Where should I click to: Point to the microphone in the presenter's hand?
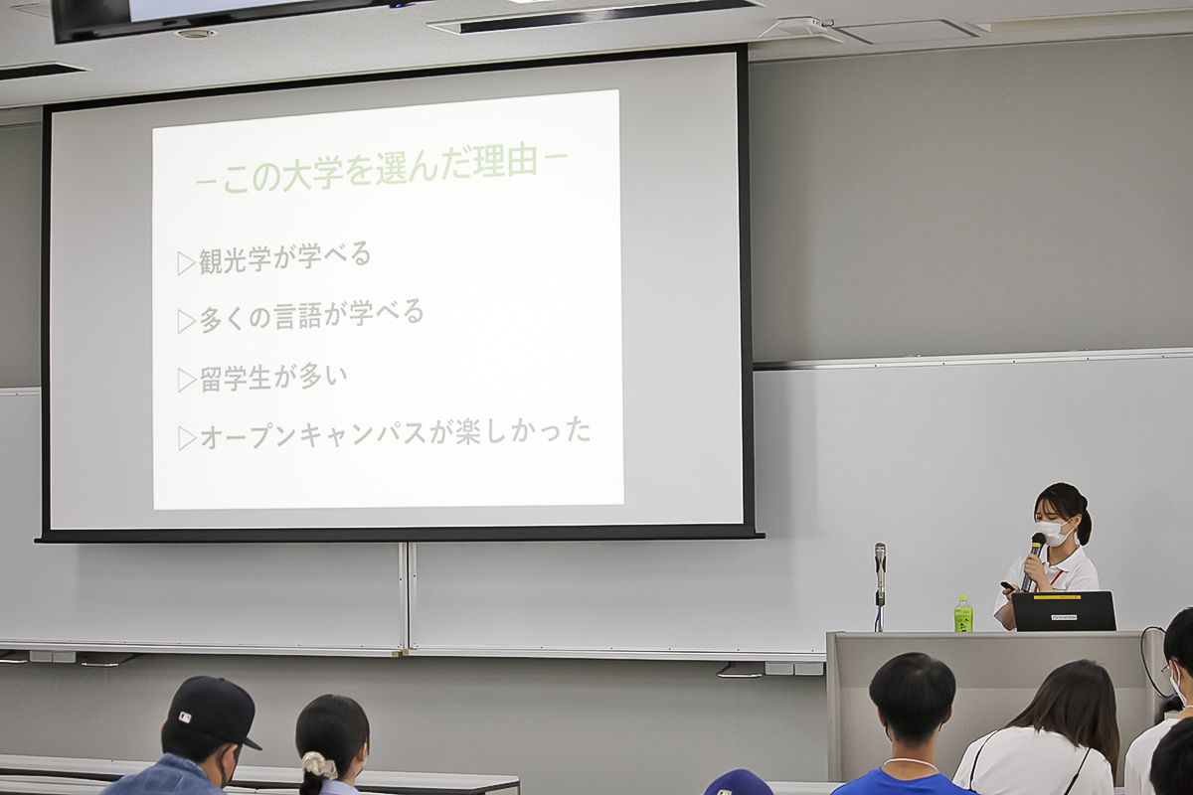pyautogui.click(x=1034, y=560)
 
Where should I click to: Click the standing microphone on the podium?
pyautogui.click(x=880, y=585)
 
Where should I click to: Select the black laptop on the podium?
pyautogui.click(x=1064, y=611)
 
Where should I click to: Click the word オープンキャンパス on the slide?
pyautogui.click(x=314, y=435)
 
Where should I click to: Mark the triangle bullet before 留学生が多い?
pyautogui.click(x=186, y=381)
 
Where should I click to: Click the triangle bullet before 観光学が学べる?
pyautogui.click(x=186, y=263)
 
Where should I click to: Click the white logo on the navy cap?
pyautogui.click(x=184, y=717)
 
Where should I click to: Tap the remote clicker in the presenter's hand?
pyautogui.click(x=1009, y=587)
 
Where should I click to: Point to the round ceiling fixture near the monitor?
pyautogui.click(x=195, y=33)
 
